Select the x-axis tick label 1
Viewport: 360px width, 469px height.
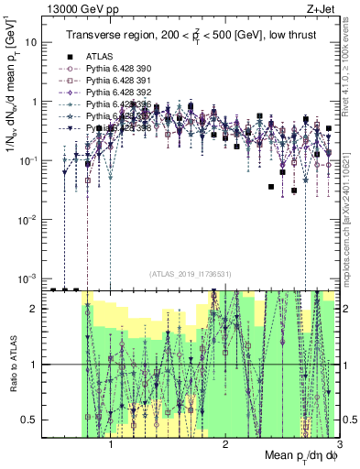coord(111,444)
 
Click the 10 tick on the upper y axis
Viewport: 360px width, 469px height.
coord(32,43)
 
